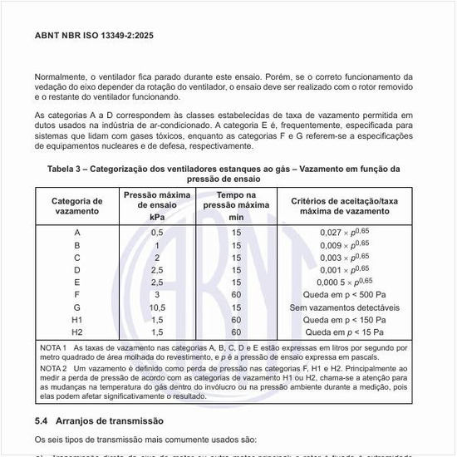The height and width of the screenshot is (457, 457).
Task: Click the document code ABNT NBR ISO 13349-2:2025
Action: coord(93,36)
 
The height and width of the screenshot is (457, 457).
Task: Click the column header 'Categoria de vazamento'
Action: coord(77,206)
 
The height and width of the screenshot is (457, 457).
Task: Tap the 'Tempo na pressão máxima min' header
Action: coord(236,205)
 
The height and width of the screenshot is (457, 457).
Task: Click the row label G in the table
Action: coord(77,307)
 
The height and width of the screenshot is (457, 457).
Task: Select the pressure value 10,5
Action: coord(157,307)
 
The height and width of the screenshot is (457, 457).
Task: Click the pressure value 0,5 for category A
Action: coord(157,233)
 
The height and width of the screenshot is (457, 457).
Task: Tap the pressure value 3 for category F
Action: coord(157,294)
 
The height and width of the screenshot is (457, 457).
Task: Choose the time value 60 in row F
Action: coord(236,294)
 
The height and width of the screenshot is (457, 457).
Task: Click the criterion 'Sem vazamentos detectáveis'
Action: coord(345,307)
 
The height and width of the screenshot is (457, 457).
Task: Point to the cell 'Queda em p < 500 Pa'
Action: coord(345,294)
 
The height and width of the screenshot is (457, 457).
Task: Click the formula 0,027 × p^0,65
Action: coord(345,233)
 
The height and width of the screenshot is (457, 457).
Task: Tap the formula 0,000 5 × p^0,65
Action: coord(345,282)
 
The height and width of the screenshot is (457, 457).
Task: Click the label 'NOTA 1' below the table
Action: coord(53,347)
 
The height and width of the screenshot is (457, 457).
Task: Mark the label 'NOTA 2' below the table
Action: coord(53,367)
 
